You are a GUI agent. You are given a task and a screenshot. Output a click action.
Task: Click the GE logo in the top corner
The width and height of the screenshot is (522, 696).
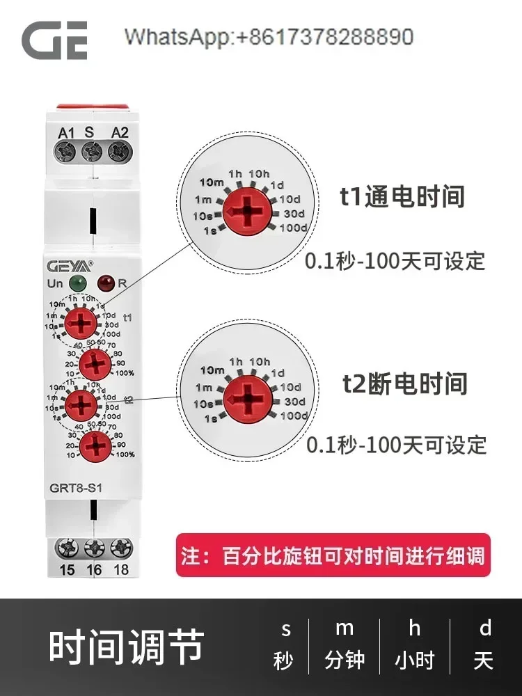[54, 40]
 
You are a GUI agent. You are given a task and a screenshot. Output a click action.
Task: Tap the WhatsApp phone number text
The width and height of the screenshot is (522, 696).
[269, 37]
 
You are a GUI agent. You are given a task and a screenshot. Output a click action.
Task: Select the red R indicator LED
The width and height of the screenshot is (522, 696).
[106, 283]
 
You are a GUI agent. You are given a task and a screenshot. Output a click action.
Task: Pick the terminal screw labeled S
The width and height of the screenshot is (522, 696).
[91, 150]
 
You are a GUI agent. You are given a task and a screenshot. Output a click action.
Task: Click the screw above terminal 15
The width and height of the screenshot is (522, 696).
[66, 549]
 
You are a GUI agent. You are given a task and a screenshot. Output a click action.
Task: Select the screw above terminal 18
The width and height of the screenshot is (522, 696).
[120, 549]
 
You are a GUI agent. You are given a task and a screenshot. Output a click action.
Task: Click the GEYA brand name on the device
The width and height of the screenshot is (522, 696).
[68, 265]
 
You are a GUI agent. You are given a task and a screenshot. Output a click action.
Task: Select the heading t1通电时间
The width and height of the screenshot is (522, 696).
[402, 197]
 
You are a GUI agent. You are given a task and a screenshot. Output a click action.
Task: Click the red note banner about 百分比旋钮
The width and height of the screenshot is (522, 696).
[333, 555]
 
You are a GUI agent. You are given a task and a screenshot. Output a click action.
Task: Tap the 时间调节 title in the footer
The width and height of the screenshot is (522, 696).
[126, 647]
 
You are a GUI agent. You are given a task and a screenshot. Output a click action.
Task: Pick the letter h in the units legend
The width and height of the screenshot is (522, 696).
[414, 629]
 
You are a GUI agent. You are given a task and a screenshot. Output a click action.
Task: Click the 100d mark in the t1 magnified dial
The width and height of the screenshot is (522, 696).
[293, 228]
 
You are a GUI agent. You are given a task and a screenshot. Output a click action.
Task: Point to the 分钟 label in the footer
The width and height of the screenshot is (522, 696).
[345, 660]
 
